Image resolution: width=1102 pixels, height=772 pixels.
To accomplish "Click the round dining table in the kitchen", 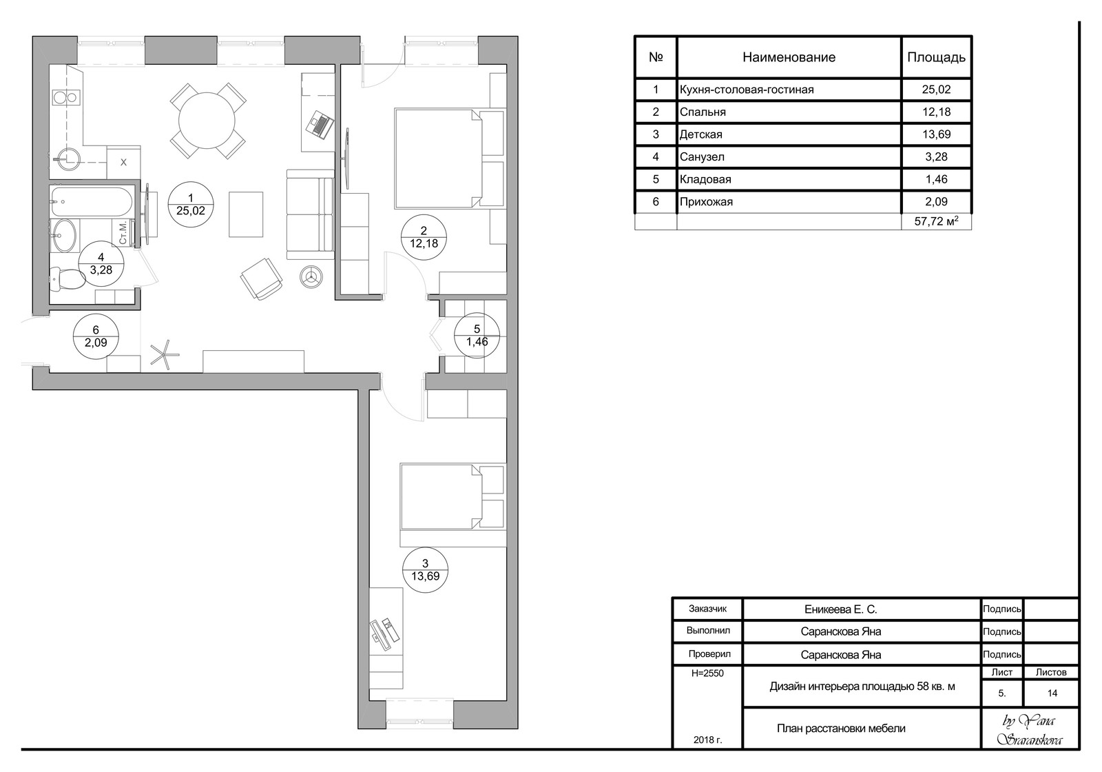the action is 207,120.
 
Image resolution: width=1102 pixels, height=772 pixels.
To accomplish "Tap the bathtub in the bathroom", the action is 92,202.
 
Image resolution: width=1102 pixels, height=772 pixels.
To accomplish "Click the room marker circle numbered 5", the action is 477,335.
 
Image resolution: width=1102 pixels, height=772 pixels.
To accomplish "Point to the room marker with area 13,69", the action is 425,569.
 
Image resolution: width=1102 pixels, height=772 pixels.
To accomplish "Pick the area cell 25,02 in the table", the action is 936,90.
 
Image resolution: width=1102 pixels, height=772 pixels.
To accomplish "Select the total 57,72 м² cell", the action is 936,221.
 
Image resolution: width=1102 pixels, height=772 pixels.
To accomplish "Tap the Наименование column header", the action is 789,57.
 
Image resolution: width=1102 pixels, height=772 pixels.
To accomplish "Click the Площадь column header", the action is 936,58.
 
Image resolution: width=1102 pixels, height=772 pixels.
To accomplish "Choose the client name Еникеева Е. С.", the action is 841,609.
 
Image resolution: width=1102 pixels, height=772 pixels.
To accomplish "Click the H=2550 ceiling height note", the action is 707,673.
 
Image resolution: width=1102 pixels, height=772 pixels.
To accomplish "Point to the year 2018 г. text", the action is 707,740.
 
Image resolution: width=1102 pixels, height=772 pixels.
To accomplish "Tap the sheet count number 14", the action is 1052,693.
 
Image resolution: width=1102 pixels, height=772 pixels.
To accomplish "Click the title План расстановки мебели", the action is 841,729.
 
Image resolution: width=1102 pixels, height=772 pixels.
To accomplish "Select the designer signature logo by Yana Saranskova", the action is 1030,731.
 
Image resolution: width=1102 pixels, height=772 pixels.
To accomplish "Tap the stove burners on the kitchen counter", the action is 65,97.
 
